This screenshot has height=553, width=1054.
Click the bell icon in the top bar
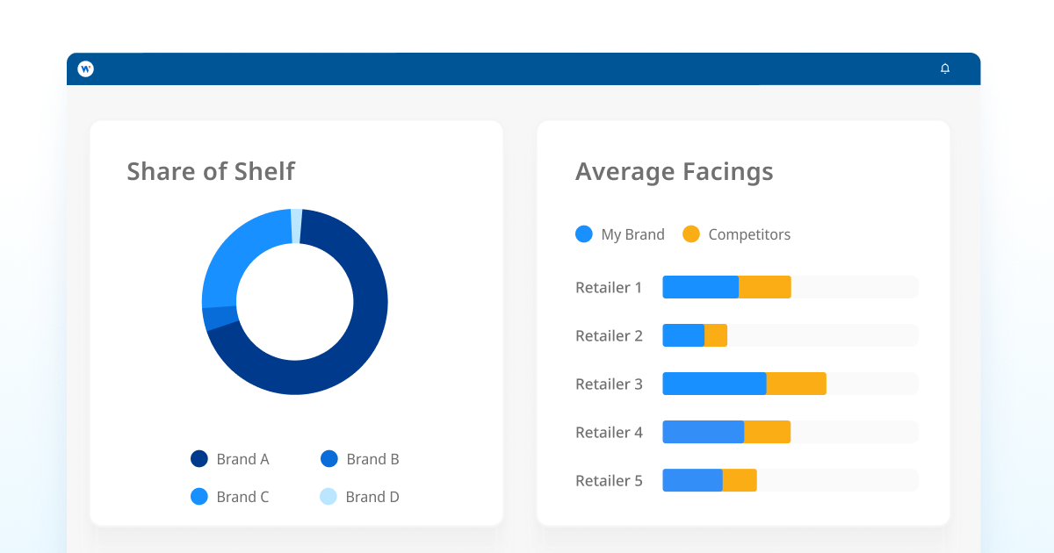(945, 68)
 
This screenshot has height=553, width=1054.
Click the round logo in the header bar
(85, 68)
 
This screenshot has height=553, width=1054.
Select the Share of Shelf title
(211, 171)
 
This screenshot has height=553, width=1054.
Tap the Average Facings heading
(674, 171)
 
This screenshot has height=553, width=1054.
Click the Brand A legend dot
(199, 459)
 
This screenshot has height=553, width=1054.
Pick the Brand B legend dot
(329, 459)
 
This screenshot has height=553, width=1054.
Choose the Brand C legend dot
(199, 497)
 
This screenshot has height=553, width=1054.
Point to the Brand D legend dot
(328, 497)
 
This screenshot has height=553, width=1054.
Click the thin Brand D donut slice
(297, 226)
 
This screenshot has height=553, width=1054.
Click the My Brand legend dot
(584, 234)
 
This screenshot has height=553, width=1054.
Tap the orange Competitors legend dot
(691, 234)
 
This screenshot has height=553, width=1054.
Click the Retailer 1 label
(609, 287)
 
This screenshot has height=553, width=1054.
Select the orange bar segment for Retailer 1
(764, 287)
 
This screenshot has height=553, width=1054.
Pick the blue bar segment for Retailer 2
(683, 335)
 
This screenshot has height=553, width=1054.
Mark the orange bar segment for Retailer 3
(796, 384)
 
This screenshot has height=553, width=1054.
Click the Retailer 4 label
(609, 432)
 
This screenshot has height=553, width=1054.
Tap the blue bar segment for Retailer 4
(703, 432)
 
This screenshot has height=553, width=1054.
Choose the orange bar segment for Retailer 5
(740, 480)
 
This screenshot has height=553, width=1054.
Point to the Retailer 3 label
(609, 384)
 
